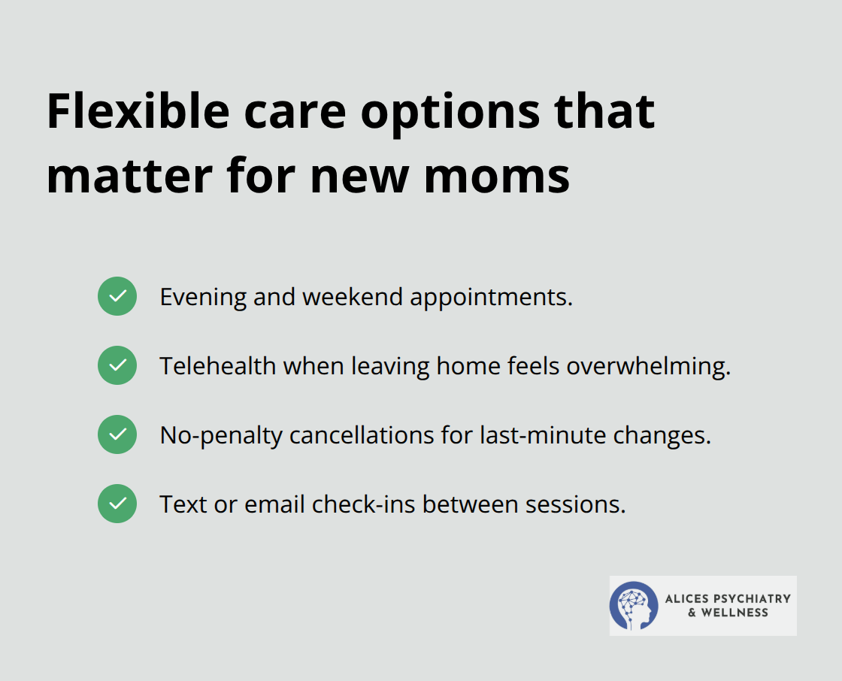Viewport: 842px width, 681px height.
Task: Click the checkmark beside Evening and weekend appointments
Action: tap(117, 296)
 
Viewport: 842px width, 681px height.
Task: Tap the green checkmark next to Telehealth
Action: tap(117, 365)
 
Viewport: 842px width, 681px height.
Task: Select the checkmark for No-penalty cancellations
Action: tap(117, 434)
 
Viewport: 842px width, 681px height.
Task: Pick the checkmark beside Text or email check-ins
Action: tap(117, 504)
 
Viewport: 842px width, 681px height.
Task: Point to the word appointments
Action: tap(491, 298)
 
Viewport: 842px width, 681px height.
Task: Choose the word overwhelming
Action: tap(648, 366)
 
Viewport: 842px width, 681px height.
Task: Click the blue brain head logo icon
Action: tap(635, 605)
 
